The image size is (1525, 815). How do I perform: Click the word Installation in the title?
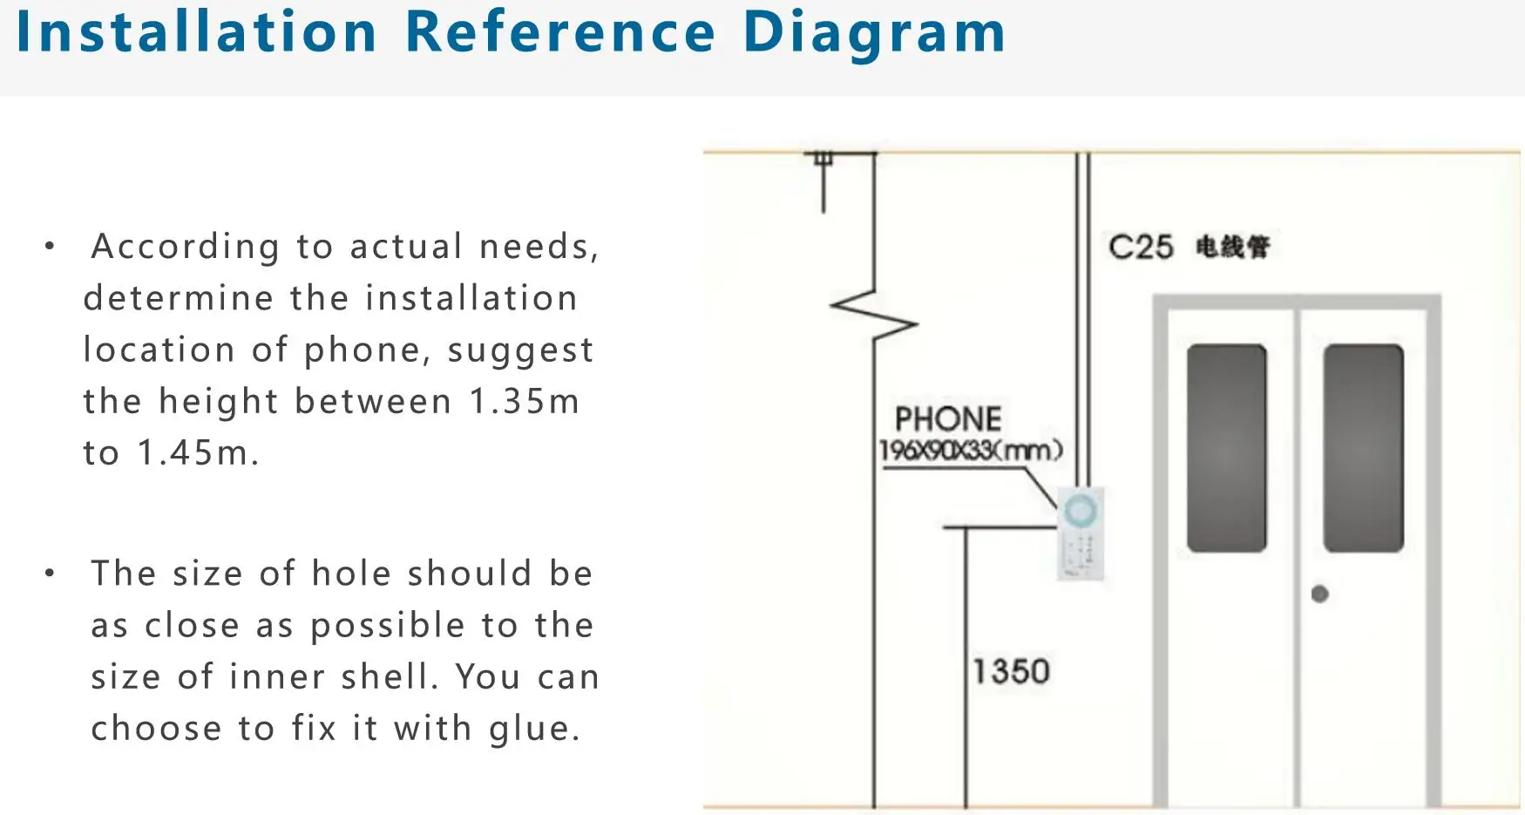[197, 32]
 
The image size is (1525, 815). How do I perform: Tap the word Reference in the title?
[560, 32]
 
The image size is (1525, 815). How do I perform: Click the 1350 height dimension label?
[1011, 672]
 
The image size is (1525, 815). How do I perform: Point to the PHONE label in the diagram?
[948, 419]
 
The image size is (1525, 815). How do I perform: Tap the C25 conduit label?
[1141, 248]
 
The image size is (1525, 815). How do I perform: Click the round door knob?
[1319, 594]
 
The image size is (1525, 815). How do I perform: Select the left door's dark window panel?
[1226, 448]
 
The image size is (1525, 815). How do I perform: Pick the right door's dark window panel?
[1363, 448]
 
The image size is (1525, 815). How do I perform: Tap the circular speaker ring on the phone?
[1080, 511]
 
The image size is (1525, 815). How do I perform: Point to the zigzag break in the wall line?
[874, 315]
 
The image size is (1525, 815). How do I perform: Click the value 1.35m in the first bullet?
[524, 402]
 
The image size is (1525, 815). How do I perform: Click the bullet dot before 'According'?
[50, 247]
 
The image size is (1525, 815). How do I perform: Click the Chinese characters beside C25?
[1232, 248]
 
